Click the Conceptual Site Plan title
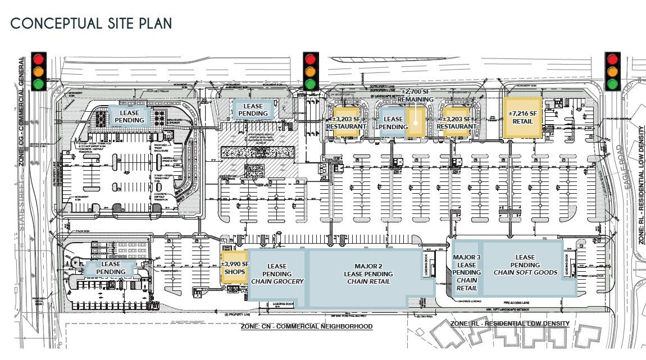pyautogui.click(x=91, y=24)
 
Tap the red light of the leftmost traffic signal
pyautogui.click(x=39, y=59)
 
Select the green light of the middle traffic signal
pyautogui.click(x=310, y=84)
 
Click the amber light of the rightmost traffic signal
pyautogui.click(x=612, y=71)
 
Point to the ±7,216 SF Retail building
pyautogui.click(x=522, y=117)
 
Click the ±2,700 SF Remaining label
pyautogui.click(x=417, y=95)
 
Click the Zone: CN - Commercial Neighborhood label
pyautogui.click(x=306, y=327)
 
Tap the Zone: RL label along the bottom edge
pyautogui.click(x=510, y=323)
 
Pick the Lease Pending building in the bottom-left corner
pyautogui.click(x=111, y=268)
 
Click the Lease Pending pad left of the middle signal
pyautogui.click(x=253, y=110)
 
